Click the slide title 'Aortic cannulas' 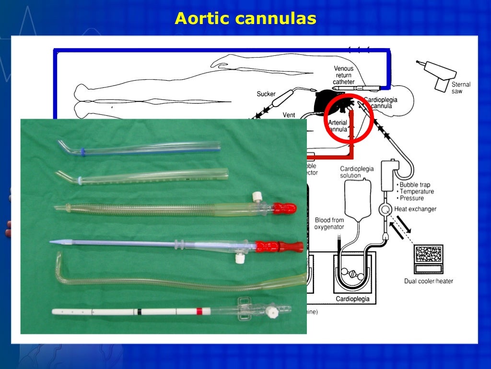245,19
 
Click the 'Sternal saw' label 461,87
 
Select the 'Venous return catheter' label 344,75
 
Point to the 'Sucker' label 266,94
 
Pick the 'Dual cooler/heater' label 428,281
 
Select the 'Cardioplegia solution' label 357,172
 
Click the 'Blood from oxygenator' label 329,223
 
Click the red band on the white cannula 199,311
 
